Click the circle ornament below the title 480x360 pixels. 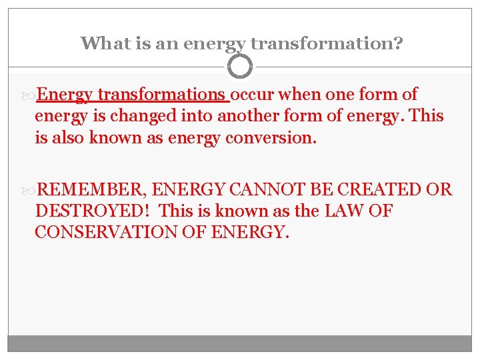240,67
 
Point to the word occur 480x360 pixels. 253,95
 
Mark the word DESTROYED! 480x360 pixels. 94,212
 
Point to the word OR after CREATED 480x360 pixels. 439,190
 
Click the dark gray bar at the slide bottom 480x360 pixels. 240,343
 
